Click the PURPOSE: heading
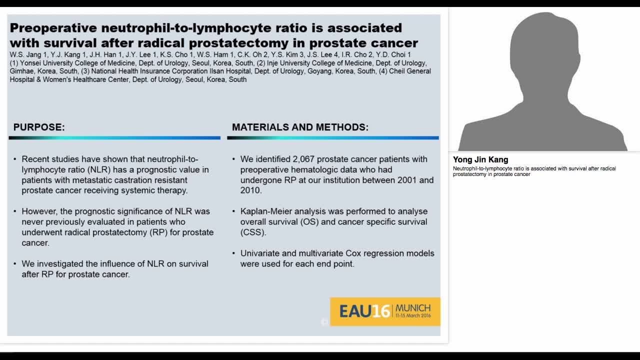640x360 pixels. pos(39,127)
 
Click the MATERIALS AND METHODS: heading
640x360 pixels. pos(300,127)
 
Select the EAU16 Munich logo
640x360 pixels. pos(385,311)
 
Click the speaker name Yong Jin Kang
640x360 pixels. pos(480,160)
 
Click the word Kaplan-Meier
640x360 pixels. pos(265,211)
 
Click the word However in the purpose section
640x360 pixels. pos(39,211)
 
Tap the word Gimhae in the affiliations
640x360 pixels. pos(22,71)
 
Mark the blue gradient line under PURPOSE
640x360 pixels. pos(114,137)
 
